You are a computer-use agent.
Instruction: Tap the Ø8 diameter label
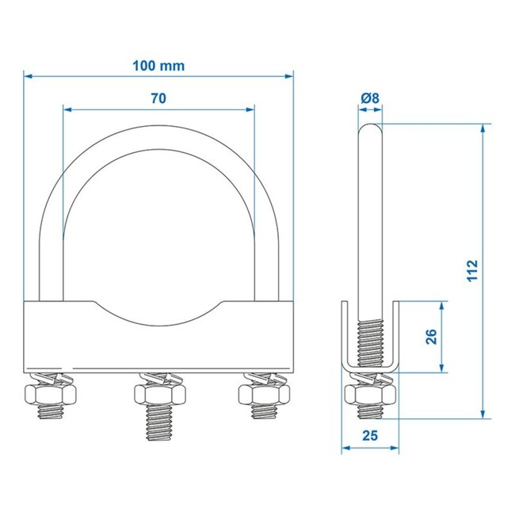point(370,98)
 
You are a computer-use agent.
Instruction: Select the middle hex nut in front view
point(159,394)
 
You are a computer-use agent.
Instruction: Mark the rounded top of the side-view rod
point(370,126)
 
